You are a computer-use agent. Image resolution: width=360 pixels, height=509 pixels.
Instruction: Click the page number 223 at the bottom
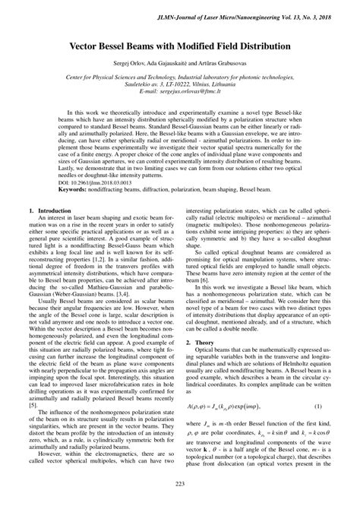(x=180, y=485)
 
